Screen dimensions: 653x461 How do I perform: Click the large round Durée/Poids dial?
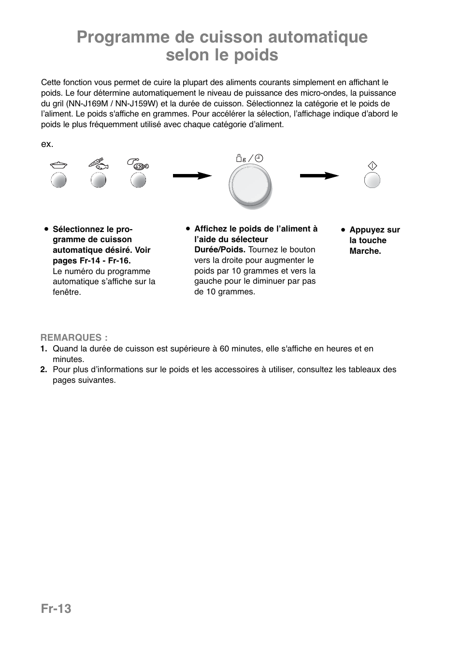(x=250, y=186)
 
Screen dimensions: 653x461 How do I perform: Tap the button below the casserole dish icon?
(x=58, y=180)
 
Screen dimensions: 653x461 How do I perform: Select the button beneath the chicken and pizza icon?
(x=138, y=180)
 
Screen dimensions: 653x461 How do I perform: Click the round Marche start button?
(x=372, y=180)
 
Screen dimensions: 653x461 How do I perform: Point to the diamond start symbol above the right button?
(x=372, y=165)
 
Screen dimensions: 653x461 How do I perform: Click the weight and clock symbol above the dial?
(x=249, y=158)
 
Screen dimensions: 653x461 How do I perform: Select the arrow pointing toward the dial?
(x=192, y=176)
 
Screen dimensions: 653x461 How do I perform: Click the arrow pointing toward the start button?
(x=319, y=176)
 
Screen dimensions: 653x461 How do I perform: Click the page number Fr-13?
(x=56, y=609)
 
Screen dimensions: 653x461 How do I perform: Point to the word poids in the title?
(x=256, y=56)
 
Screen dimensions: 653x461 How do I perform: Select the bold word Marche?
(x=365, y=251)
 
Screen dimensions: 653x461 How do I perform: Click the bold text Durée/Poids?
(x=220, y=249)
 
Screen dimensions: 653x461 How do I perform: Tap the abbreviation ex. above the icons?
(x=47, y=145)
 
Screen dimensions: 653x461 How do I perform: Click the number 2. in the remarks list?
(x=44, y=369)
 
